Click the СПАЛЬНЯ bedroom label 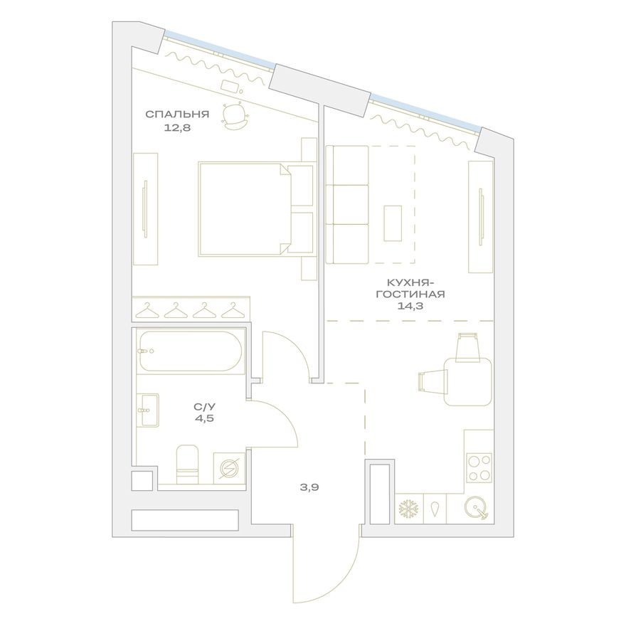(x=177, y=114)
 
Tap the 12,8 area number (x=177, y=128)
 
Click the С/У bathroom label (x=204, y=406)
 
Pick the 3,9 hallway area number (x=307, y=488)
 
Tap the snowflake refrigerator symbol (x=408, y=509)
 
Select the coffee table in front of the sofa (x=393, y=223)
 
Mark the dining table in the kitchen (x=468, y=381)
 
